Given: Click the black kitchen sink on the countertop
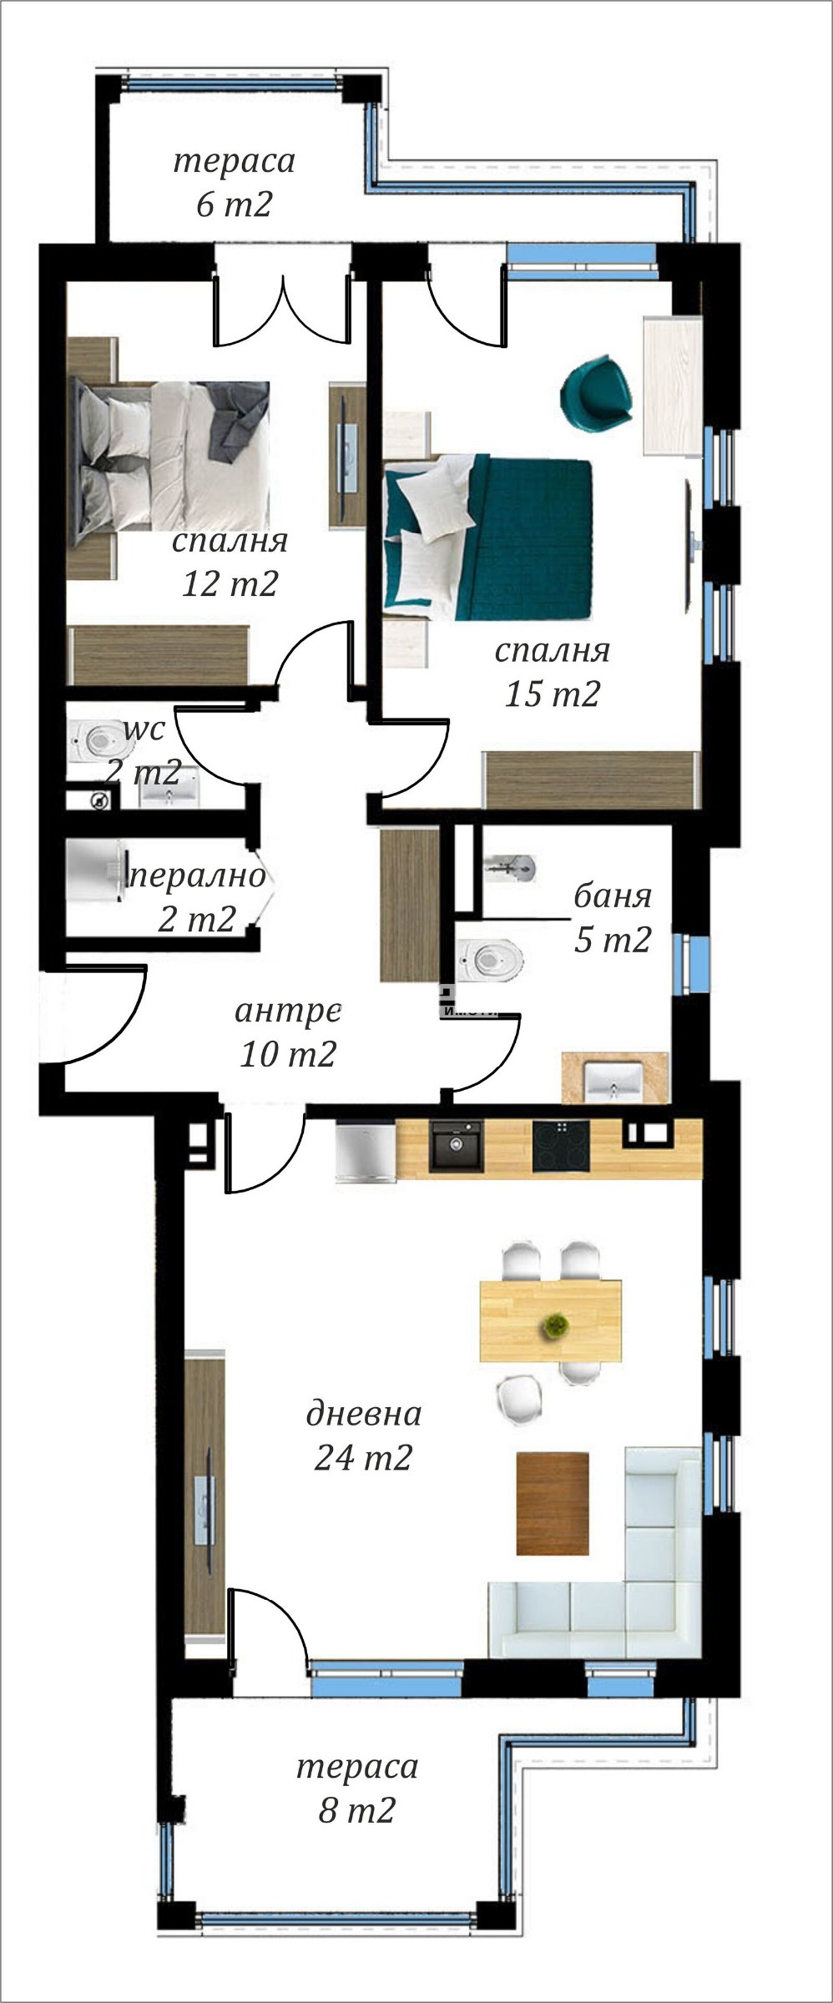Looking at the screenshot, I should coord(456,1144).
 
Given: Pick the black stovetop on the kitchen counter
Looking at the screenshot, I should coord(561,1144).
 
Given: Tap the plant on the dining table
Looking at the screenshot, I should coord(552,1324).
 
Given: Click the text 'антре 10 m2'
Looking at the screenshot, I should coord(288,1032).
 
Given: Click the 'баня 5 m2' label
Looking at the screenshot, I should coord(612,918).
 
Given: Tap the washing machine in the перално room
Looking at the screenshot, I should coord(96,870).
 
